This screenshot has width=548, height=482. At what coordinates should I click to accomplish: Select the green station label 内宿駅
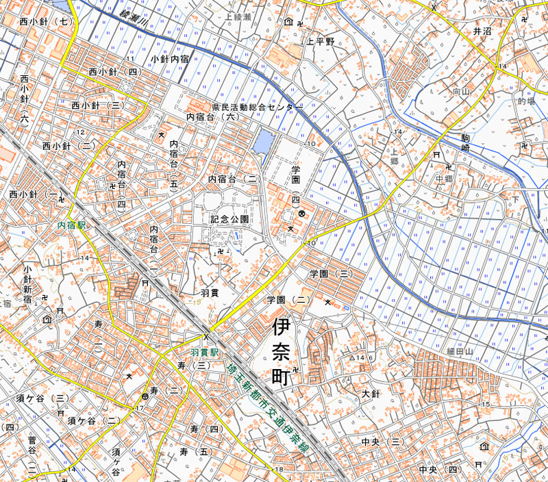(x=71, y=225)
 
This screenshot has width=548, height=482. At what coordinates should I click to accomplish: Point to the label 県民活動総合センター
(x=256, y=108)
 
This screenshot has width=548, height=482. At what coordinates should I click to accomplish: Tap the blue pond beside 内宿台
(x=263, y=142)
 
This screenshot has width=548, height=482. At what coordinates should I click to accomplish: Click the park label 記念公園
(x=229, y=220)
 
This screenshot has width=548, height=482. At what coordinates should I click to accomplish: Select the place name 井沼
(x=482, y=31)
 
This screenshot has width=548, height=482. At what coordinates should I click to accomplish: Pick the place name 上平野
(x=320, y=42)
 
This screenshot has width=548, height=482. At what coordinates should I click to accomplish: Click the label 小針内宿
(x=171, y=60)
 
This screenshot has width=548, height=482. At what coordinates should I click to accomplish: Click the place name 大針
(x=370, y=394)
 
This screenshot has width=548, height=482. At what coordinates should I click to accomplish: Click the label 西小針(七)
(x=46, y=22)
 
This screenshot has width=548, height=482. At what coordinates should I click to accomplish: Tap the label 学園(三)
(x=331, y=273)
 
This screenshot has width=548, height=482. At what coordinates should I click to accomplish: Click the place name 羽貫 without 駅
(x=210, y=292)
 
